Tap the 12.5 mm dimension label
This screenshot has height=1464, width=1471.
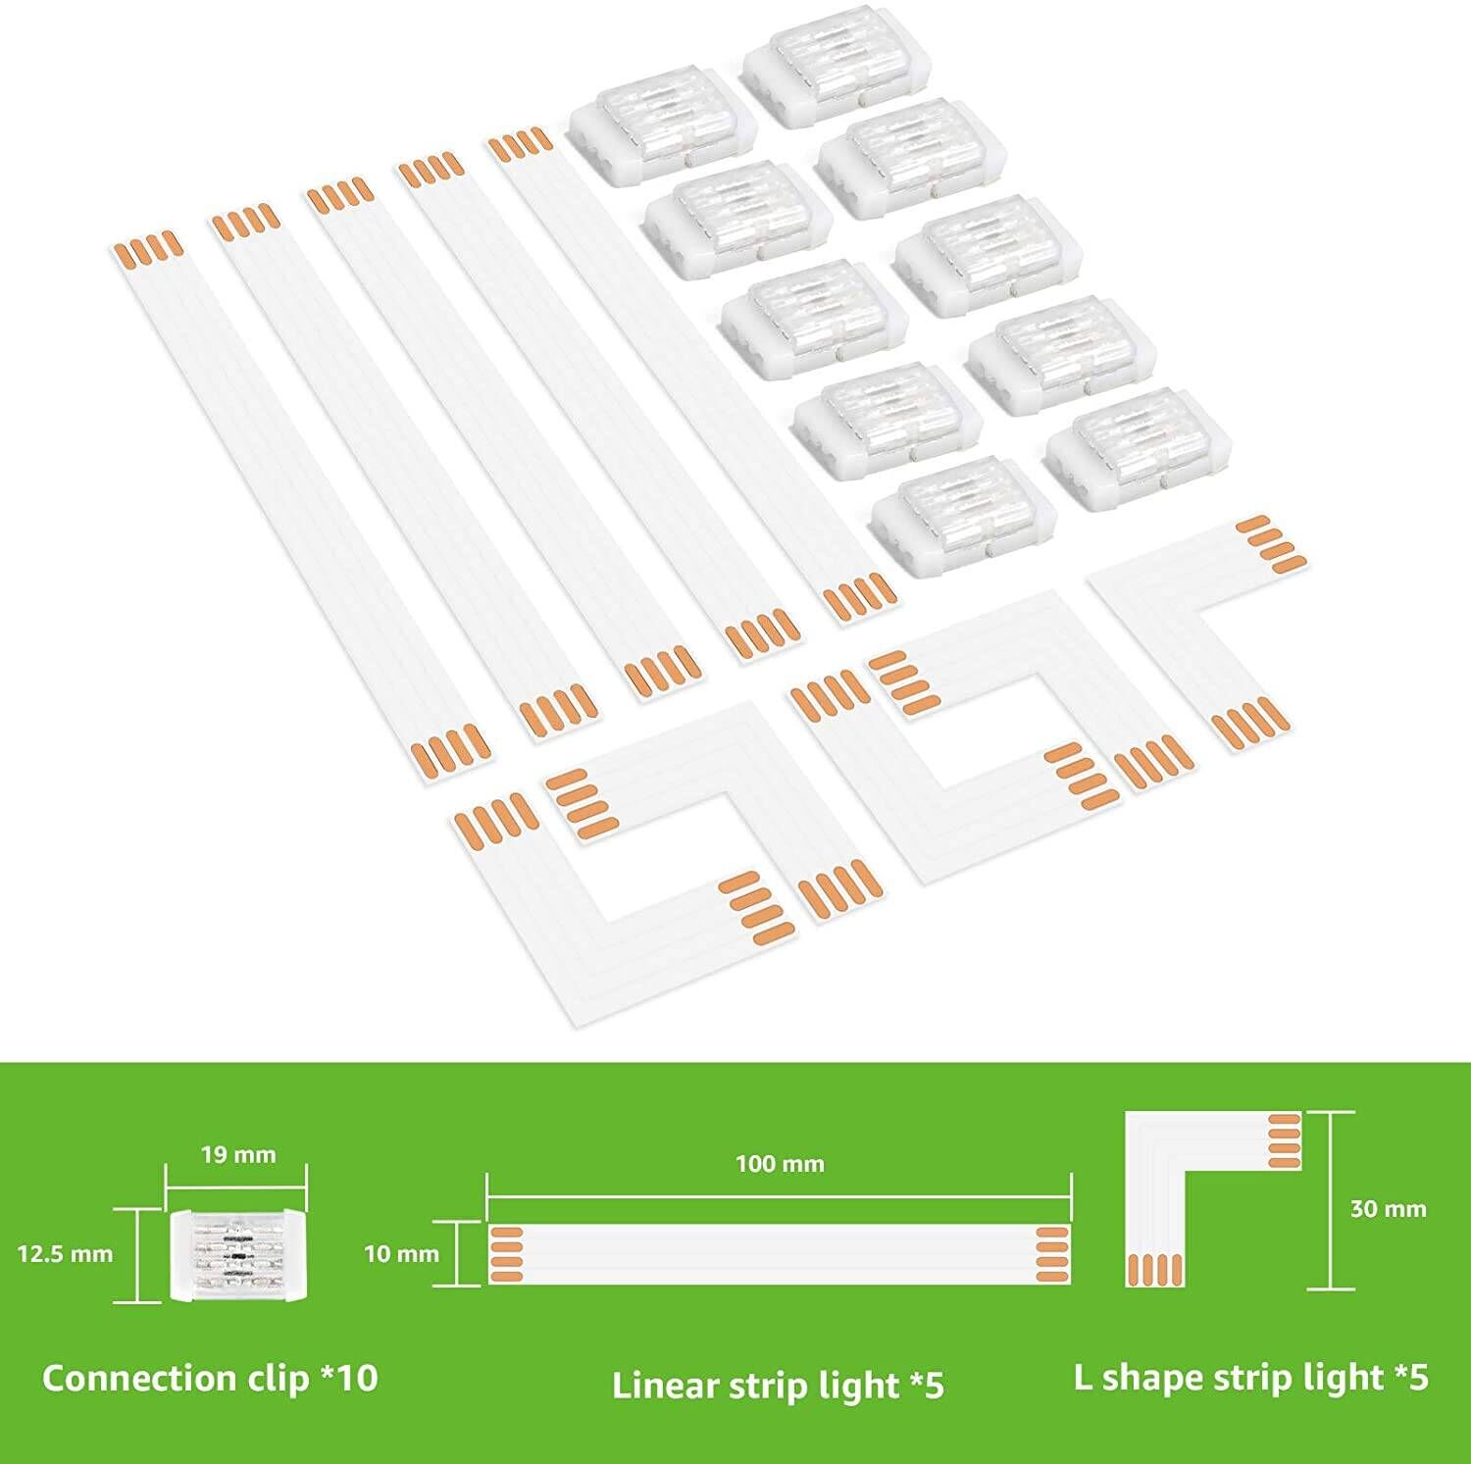[x=65, y=1253]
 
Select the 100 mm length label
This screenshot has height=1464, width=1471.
[x=780, y=1164]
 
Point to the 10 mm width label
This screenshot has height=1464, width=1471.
[x=401, y=1253]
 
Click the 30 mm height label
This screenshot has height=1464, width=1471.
[x=1388, y=1208]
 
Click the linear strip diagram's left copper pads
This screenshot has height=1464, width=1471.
[x=502, y=1254]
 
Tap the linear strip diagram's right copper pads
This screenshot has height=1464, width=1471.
[x=1054, y=1254]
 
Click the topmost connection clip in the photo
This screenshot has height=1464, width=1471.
[x=836, y=76]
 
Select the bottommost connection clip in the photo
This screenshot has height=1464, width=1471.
[x=964, y=516]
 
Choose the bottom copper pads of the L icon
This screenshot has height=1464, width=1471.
[x=1155, y=1269]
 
